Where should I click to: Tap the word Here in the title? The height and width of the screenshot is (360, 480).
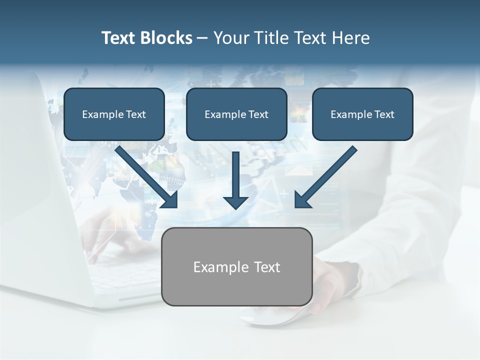(349, 38)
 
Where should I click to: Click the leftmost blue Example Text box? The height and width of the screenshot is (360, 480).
(114, 114)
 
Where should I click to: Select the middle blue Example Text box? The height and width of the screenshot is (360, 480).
(236, 114)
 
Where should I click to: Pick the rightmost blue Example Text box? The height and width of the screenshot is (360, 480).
(362, 114)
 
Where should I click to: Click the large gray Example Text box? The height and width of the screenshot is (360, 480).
(236, 267)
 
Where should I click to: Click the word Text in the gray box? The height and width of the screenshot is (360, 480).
(267, 267)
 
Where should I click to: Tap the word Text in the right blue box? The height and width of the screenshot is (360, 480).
(384, 114)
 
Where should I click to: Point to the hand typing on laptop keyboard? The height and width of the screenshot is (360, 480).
(107, 235)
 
